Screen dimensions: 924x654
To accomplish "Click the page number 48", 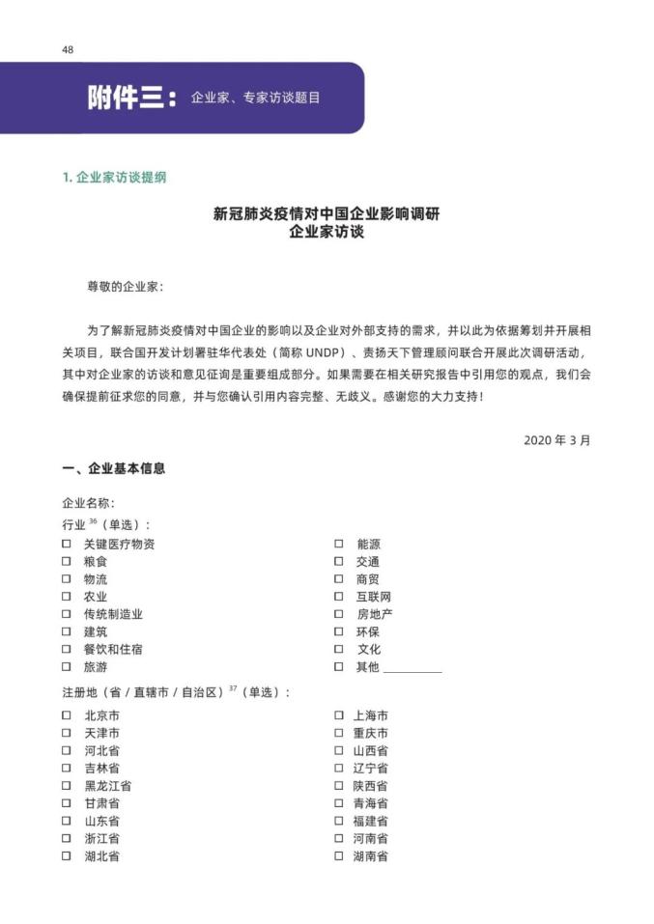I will [67, 49].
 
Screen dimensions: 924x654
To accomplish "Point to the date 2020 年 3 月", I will [556, 439].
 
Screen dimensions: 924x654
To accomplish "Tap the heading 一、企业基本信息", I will [114, 468].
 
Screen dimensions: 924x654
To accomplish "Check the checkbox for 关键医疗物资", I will [67, 544].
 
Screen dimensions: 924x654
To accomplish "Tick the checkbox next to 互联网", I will [338, 597].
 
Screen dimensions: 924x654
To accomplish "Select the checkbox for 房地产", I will [338, 614].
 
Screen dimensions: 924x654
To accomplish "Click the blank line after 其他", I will [412, 668].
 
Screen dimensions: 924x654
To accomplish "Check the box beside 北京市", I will [67, 715].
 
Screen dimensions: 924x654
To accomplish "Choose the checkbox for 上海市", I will [338, 715].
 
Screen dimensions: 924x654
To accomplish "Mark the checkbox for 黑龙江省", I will [67, 786].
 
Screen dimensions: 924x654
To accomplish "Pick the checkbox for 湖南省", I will [338, 856].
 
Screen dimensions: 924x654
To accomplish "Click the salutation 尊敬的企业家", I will [126, 287].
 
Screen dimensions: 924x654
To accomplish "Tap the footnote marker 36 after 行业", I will [94, 520].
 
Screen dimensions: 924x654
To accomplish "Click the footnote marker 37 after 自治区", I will [233, 689].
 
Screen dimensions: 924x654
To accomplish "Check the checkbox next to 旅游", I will [67, 667].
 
